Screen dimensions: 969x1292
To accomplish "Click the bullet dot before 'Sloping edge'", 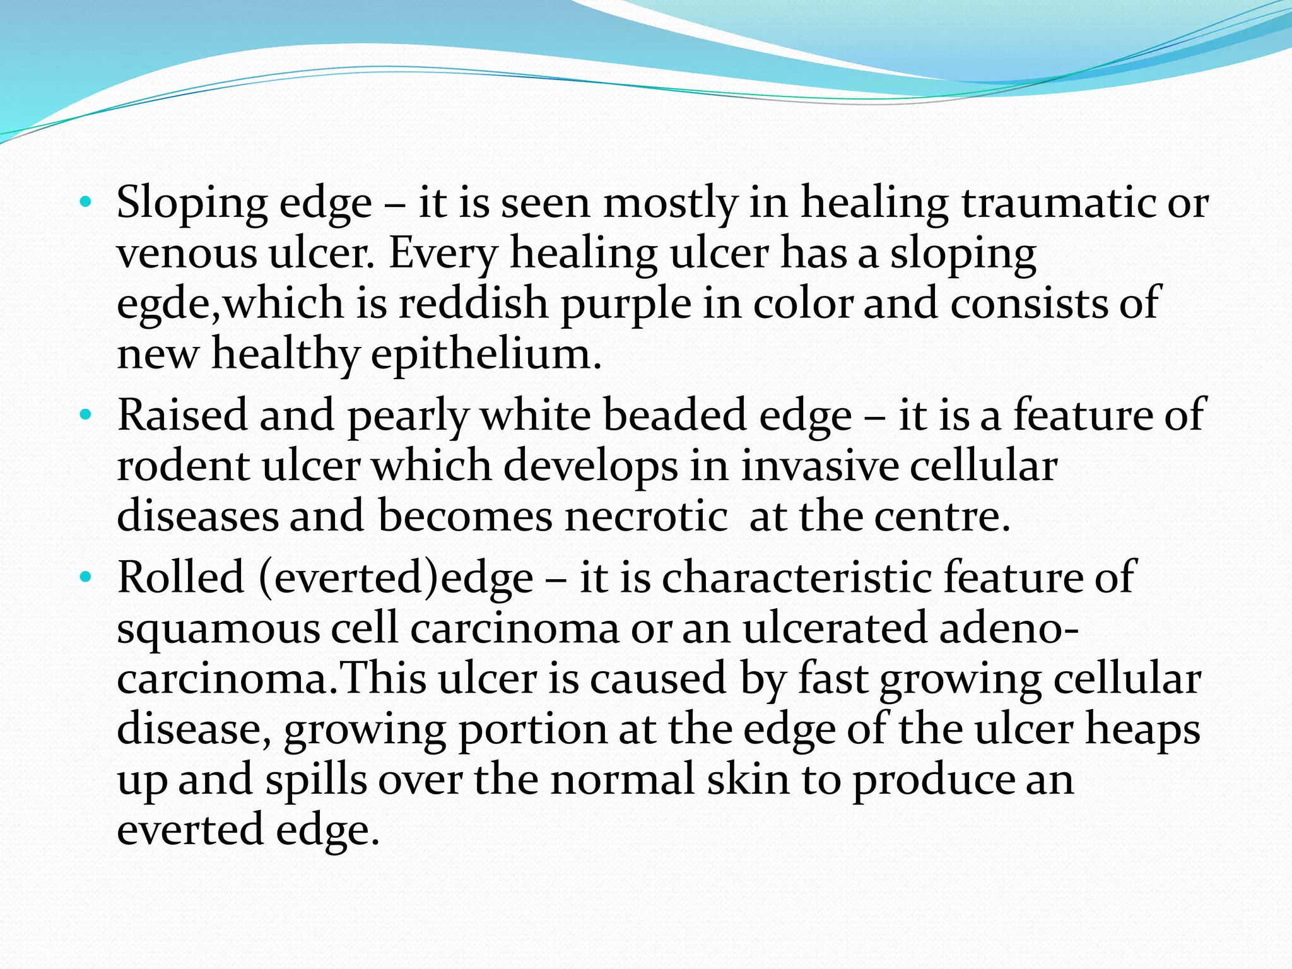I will [x=86, y=203].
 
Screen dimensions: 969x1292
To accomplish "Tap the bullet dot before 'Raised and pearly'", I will [x=86, y=416].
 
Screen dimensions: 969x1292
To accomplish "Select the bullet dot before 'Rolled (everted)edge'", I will [x=86, y=577].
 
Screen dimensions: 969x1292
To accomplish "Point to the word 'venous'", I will [x=187, y=254].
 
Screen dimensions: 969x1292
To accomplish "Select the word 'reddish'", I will [x=474, y=303].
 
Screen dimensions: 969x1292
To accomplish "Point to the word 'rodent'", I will [x=184, y=466].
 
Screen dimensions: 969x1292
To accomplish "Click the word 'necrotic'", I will [x=646, y=517].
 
